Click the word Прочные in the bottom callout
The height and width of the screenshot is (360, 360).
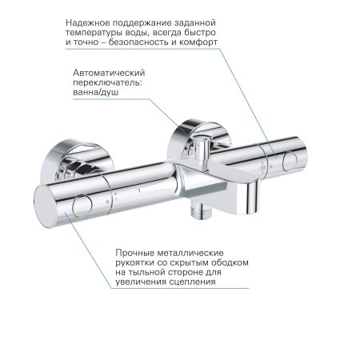pos(129,252)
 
